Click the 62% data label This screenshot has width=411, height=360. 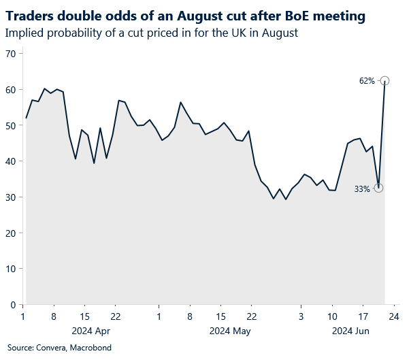tap(367, 81)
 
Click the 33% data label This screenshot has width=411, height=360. tap(362, 189)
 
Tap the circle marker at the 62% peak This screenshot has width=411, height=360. tap(384, 80)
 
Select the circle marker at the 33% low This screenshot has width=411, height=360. tap(378, 188)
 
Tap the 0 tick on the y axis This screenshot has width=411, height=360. tap(13, 304)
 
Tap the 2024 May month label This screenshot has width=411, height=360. tap(230, 331)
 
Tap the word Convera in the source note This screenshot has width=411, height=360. tap(50, 348)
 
